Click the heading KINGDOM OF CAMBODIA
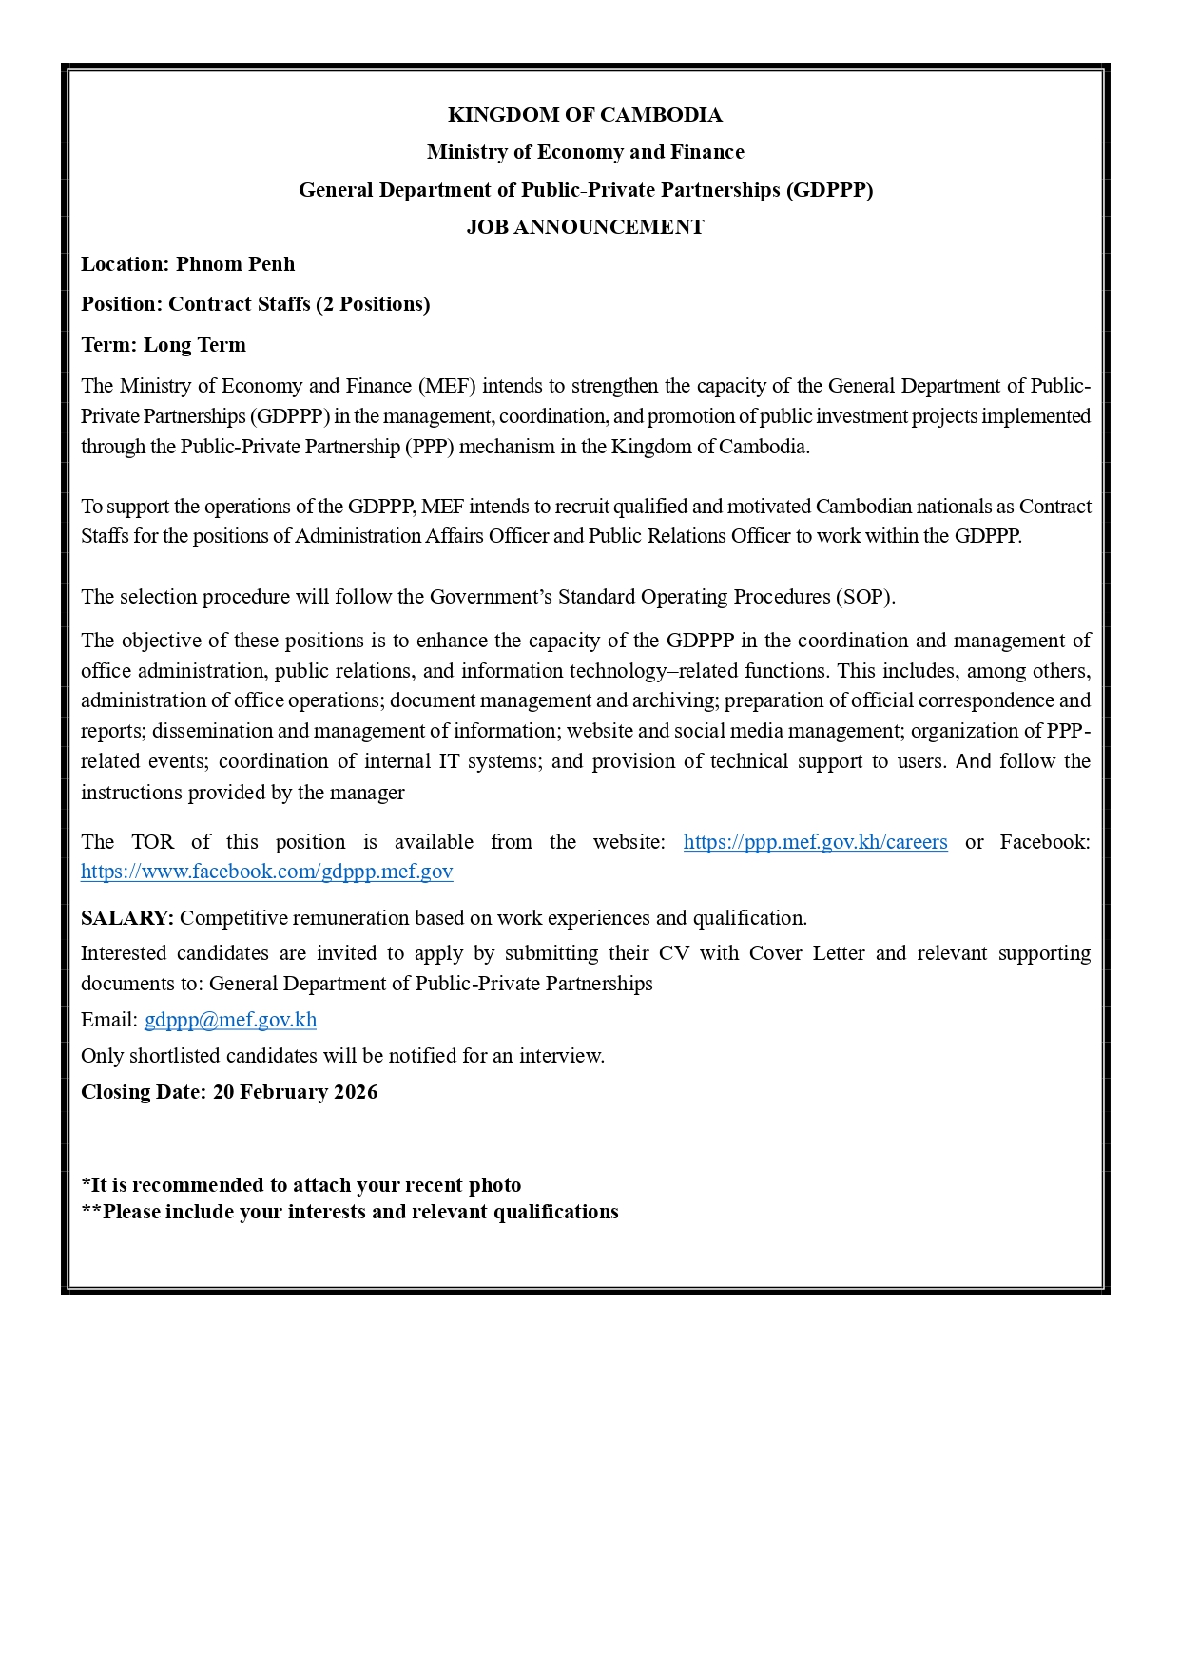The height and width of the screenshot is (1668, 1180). tap(585, 115)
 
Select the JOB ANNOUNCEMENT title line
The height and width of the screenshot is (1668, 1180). tap(585, 227)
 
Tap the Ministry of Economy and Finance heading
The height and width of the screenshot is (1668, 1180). tap(585, 152)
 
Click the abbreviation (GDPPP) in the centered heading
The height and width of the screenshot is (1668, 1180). tap(829, 190)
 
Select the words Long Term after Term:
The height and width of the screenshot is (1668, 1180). tap(195, 345)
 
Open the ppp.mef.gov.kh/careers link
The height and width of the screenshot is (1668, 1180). tap(815, 842)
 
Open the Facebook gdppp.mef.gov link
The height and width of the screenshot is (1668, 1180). tap(266, 872)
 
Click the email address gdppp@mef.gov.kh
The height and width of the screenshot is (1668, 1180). tap(230, 1020)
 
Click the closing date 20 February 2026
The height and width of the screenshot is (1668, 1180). tap(295, 1092)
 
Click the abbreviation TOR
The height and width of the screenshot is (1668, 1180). tap(152, 842)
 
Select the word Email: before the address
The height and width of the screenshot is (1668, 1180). tap(109, 1020)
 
